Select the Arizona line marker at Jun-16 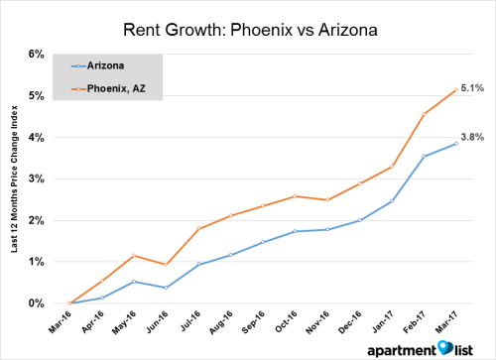click(167, 288)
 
